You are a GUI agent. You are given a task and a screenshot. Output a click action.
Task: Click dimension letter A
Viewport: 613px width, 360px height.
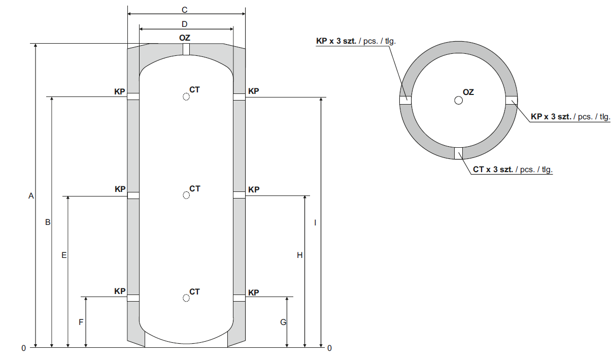30,195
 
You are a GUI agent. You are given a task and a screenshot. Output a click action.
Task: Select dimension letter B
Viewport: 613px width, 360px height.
47,222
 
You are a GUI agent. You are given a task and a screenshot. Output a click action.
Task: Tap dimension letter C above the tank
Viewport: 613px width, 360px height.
185,10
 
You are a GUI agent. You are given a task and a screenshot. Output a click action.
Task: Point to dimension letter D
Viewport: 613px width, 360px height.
185,24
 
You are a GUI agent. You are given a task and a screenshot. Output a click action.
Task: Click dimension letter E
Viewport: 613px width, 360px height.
63,255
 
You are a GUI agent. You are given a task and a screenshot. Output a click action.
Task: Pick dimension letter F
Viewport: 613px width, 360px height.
81,322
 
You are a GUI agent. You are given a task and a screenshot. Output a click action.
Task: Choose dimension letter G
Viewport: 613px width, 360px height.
283,322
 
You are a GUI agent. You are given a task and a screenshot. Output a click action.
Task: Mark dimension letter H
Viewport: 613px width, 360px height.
300,255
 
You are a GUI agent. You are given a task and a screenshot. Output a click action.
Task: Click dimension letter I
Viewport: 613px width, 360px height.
316,222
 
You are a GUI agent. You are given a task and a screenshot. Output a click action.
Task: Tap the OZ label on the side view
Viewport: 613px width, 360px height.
185,38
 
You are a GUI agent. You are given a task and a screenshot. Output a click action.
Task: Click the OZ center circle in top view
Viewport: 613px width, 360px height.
459,101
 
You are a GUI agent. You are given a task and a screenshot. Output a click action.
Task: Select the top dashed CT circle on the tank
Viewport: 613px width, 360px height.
186,96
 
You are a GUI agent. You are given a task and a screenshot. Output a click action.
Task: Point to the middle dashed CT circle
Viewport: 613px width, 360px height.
186,195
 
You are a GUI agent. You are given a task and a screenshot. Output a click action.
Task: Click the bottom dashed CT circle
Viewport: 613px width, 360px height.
186,298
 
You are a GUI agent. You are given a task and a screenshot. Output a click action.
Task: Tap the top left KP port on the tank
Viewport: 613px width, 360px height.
133,96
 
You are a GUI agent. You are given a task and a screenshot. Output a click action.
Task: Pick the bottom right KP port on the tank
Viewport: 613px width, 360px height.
239,298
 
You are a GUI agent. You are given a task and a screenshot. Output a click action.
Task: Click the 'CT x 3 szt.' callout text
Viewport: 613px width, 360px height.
512,170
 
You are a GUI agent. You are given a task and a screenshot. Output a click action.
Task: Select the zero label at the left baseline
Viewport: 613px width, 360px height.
23,348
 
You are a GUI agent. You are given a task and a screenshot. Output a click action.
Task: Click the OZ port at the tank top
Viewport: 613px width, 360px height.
186,49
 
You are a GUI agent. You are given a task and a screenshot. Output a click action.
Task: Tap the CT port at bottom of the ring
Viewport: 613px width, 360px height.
459,153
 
